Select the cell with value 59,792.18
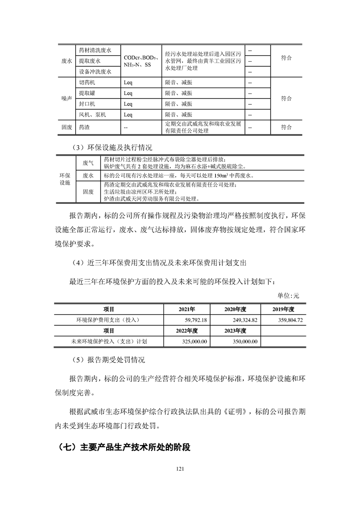click(x=192, y=320)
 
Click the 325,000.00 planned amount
click(x=192, y=341)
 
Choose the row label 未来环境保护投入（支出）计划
click(x=109, y=341)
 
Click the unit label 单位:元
click(x=289, y=296)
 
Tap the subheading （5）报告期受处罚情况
click(x=108, y=361)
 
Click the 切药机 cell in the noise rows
click(x=87, y=83)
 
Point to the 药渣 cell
click(x=84, y=127)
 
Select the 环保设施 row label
click(x=65, y=179)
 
